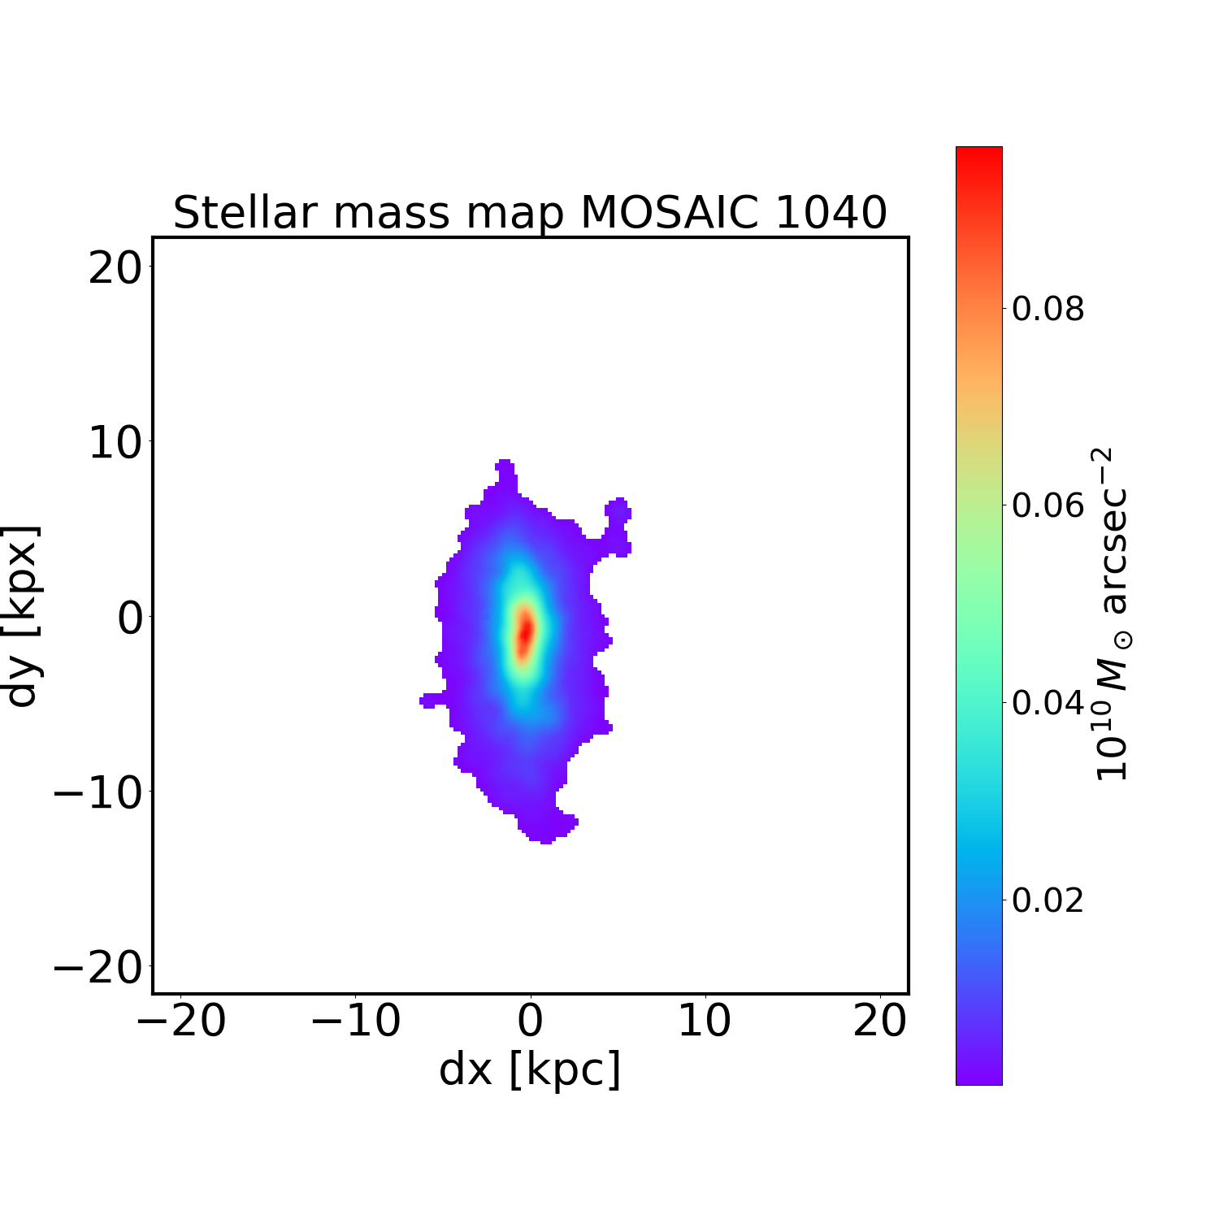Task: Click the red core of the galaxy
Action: pos(526,631)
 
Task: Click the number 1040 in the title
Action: pos(831,213)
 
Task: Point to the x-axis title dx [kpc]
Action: pos(530,1069)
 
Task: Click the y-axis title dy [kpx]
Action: pos(22,616)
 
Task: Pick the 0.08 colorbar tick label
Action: pos(1048,309)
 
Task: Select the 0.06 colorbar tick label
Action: pos(1048,505)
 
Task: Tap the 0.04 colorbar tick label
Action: pos(1048,702)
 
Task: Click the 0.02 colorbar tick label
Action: pos(1048,900)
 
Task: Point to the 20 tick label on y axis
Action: pos(115,267)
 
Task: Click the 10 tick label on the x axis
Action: pos(705,1021)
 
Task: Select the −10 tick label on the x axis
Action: pos(355,1021)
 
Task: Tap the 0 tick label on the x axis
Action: pos(530,1021)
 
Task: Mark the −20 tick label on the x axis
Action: pos(180,1021)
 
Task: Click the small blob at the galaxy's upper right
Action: pos(618,510)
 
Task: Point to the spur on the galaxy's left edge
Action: pos(432,700)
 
